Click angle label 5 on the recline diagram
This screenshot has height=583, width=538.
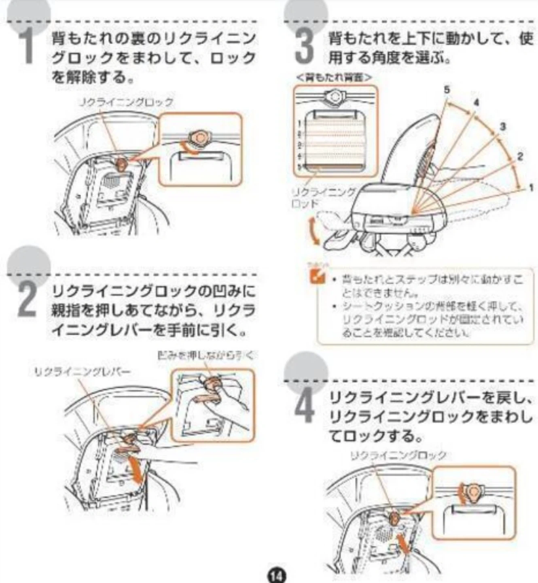447,89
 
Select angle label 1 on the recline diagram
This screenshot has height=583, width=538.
531,187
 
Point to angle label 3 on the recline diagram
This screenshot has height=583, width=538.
503,127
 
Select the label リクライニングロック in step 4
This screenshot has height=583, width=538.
398,455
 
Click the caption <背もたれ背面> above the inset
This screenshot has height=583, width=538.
334,77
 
